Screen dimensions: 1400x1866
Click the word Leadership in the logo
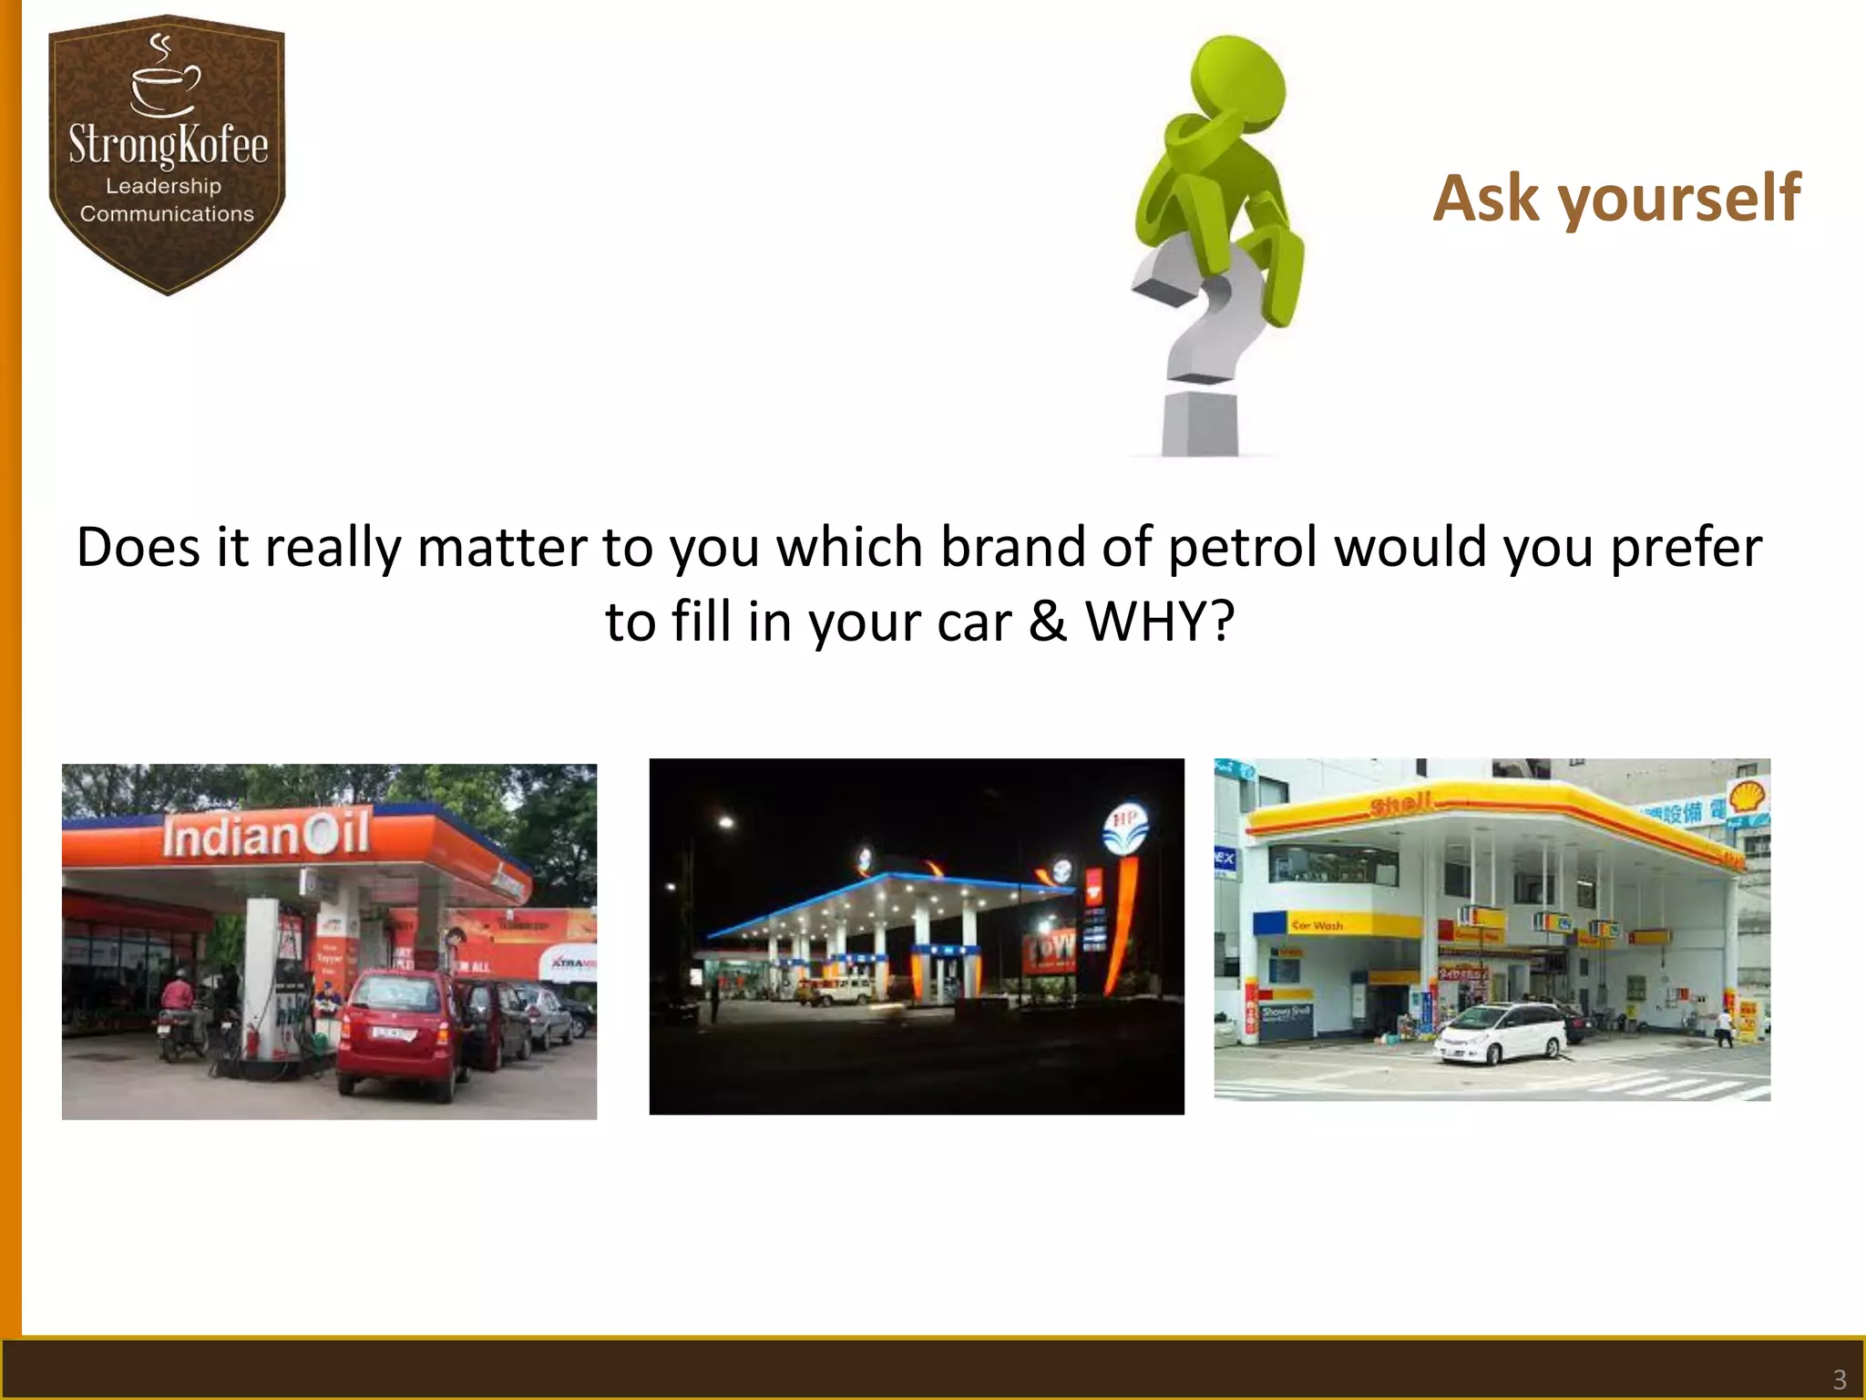[164, 186]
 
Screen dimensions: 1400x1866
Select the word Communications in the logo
[167, 214]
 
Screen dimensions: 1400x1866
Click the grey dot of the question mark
[1201, 423]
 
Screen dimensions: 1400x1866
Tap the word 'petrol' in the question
[1243, 549]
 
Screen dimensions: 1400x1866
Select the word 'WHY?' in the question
[1160, 623]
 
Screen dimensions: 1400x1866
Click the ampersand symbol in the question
[1048, 623]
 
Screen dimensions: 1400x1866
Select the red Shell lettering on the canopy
[1401, 804]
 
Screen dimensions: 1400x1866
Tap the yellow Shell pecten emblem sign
[1748, 798]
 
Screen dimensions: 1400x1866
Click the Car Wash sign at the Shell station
[1317, 925]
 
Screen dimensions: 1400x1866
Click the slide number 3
[1839, 1379]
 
